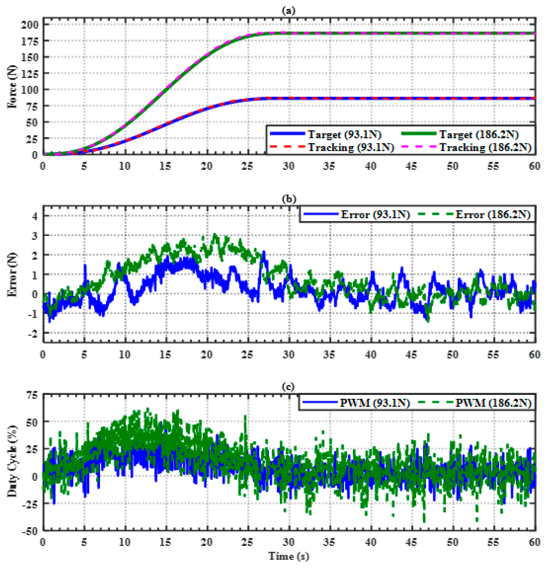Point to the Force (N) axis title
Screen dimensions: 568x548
12,86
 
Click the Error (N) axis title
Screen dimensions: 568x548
12,274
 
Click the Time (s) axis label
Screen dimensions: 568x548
288,556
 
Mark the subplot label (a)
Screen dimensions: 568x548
288,11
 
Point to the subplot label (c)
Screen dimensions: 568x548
288,387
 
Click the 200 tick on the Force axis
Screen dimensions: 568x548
30,24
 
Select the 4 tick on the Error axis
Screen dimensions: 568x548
35,216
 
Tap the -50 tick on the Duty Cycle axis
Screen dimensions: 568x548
30,531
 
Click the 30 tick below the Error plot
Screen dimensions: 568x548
288,354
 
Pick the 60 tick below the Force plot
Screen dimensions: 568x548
534,166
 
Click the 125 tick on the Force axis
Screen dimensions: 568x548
30,73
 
